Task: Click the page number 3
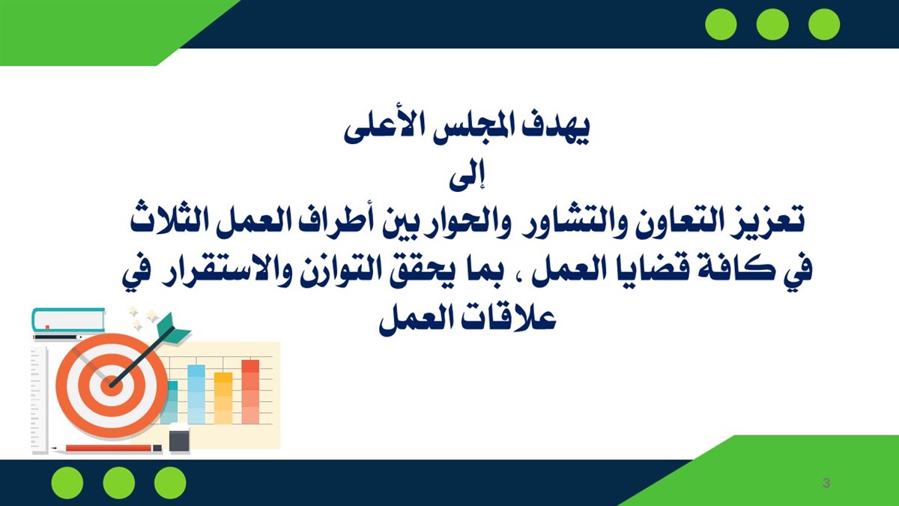click(x=826, y=483)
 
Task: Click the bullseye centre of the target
click(x=110, y=385)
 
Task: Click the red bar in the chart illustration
click(x=250, y=392)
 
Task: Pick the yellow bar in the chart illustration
click(x=223, y=398)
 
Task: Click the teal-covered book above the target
click(x=68, y=319)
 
